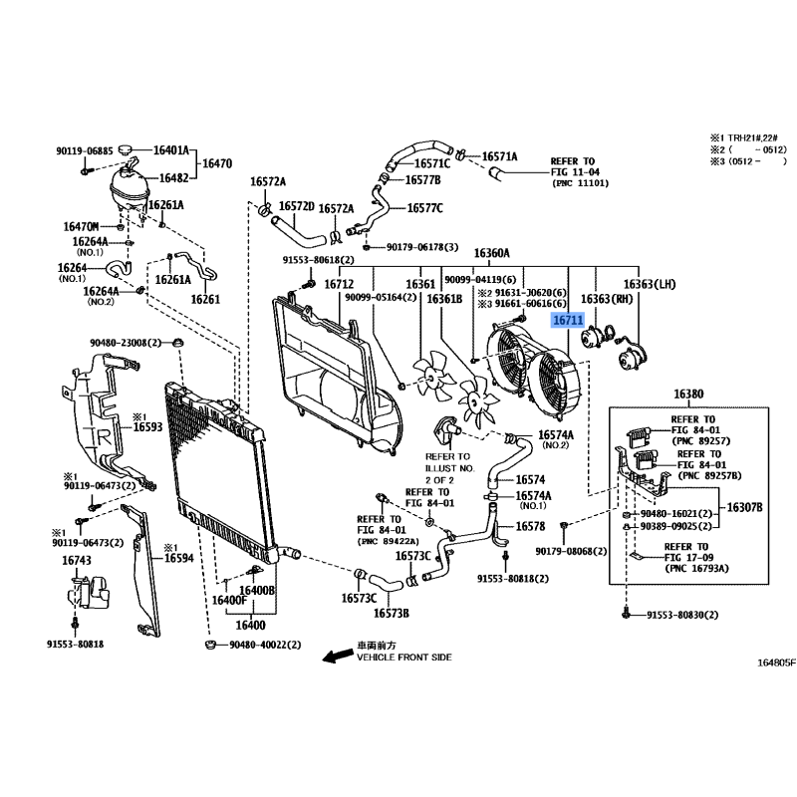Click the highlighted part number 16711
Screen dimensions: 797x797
[568, 320]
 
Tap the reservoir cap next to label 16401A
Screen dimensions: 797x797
[126, 149]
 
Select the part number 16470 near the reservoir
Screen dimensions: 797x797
[217, 163]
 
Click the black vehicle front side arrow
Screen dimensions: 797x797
[338, 656]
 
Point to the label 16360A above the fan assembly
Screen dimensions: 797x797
[491, 253]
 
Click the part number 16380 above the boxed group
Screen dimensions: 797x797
[688, 394]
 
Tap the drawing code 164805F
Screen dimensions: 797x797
[776, 663]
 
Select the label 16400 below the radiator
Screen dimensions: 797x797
[251, 625]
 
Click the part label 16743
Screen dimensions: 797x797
[77, 560]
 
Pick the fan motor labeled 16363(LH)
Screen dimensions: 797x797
[632, 355]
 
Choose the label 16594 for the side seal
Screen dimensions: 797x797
[179, 558]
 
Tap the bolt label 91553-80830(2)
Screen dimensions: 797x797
[682, 615]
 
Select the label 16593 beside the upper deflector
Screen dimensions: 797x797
[147, 426]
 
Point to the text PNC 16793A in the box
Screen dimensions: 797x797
[696, 568]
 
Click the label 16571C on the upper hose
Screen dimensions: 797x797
[432, 163]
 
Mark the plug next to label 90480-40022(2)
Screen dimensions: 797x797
[209, 645]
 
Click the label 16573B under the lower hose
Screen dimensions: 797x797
[392, 613]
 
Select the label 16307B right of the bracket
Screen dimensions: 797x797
[744, 507]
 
